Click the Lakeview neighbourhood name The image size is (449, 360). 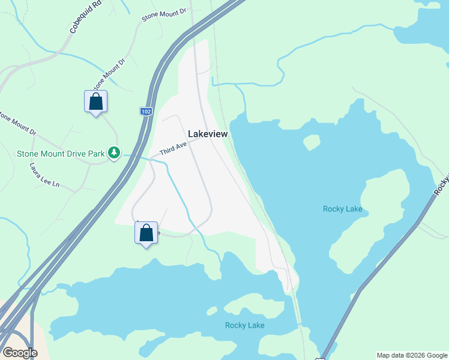click(x=208, y=134)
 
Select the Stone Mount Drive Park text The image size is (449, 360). click(x=60, y=154)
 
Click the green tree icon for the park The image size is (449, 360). click(x=115, y=154)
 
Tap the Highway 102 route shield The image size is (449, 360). click(x=146, y=112)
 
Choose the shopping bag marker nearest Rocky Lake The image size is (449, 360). click(x=146, y=233)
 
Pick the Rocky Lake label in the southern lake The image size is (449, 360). click(x=244, y=325)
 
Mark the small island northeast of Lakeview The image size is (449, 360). click(x=312, y=142)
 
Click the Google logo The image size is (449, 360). click(x=20, y=352)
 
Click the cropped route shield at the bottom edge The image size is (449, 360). click(x=319, y=358)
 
